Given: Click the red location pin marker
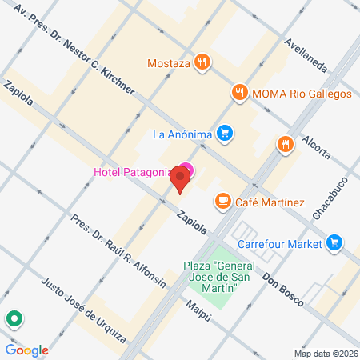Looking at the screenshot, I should (x=180, y=181).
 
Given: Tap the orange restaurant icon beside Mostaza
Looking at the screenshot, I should (x=203, y=61).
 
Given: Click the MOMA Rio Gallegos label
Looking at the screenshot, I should (x=302, y=94).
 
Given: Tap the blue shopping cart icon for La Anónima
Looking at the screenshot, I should (x=226, y=133).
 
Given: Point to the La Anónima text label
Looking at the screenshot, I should (x=185, y=134).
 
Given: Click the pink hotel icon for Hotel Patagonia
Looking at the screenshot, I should (x=186, y=170).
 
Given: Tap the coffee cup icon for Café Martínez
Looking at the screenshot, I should (x=222, y=202).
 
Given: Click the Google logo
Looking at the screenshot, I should (x=26, y=350).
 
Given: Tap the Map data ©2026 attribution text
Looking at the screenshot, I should (x=324, y=354).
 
